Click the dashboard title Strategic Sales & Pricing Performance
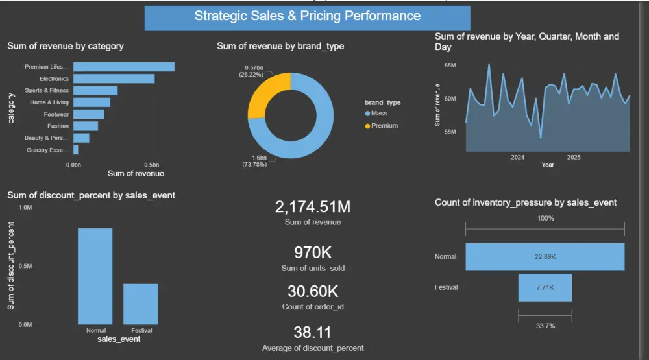click(307, 16)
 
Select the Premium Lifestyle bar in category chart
click(123, 67)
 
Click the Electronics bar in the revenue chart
click(114, 78)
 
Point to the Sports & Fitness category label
click(46, 90)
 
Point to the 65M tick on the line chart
click(450, 66)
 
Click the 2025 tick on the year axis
click(574, 157)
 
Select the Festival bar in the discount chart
click(141, 304)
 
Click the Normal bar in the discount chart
click(95, 276)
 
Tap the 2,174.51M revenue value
click(312, 208)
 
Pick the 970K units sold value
click(312, 252)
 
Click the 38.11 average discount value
click(312, 333)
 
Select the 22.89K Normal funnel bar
click(545, 257)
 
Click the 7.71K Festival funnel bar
click(545, 287)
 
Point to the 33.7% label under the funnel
click(545, 326)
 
